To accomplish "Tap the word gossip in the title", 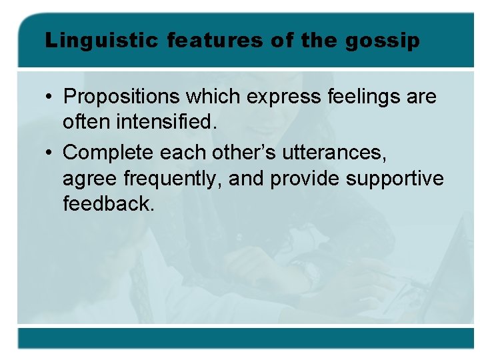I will [383, 41].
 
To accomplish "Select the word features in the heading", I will [215, 41].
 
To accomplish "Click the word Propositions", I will [121, 97].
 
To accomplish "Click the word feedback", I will [108, 204].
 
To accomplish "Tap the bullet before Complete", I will [50, 153].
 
